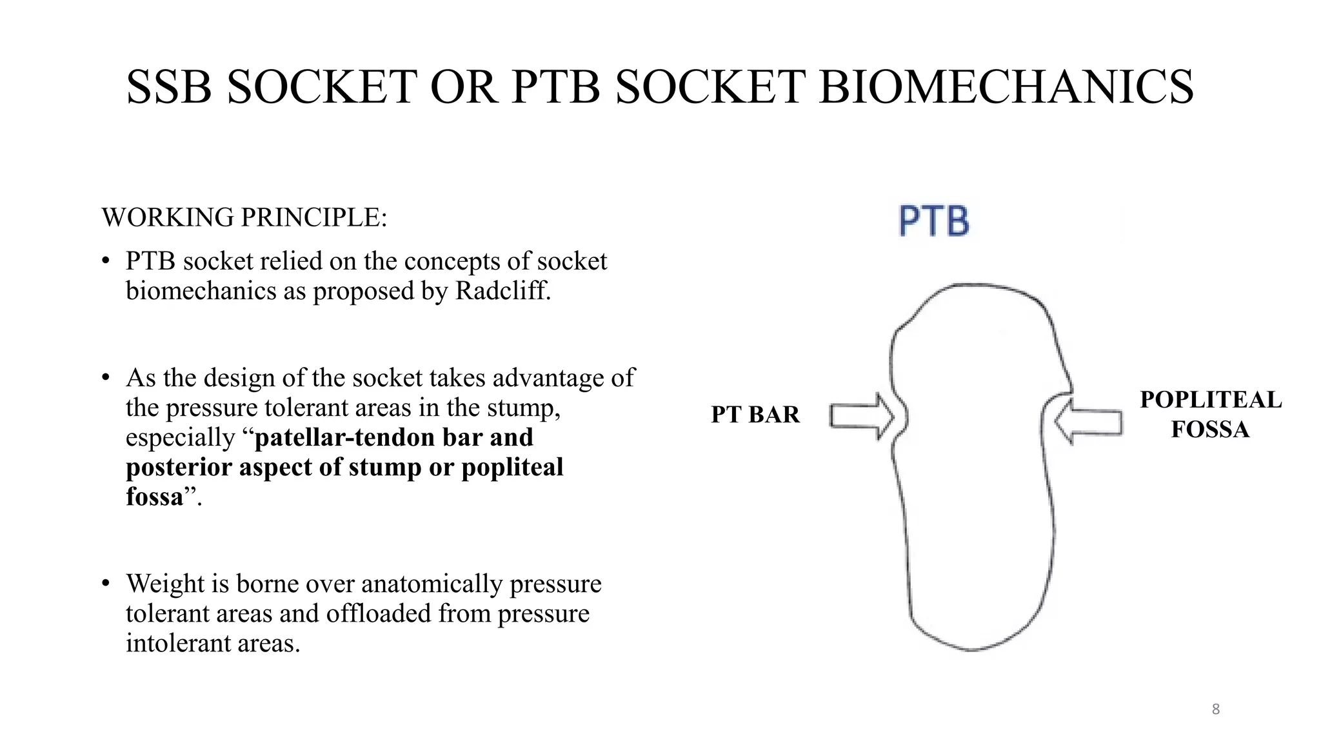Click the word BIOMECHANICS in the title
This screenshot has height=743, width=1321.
[x=1006, y=87]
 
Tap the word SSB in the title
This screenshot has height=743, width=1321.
[x=169, y=87]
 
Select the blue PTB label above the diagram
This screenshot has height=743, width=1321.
[x=934, y=221]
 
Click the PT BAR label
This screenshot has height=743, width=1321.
[x=755, y=415]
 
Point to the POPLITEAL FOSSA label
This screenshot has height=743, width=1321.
[x=1211, y=414]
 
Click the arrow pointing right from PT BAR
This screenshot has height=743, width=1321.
[x=861, y=416]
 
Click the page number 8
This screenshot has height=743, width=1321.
[x=1216, y=709]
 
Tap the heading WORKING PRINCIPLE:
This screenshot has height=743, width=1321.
[x=244, y=217]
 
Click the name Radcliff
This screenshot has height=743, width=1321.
[x=503, y=291]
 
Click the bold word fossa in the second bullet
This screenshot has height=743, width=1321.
[x=155, y=497]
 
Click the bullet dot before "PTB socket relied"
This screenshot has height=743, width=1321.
[x=106, y=262]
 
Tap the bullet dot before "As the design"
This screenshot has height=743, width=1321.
[x=106, y=378]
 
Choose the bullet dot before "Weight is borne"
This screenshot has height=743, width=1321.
[x=106, y=584]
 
